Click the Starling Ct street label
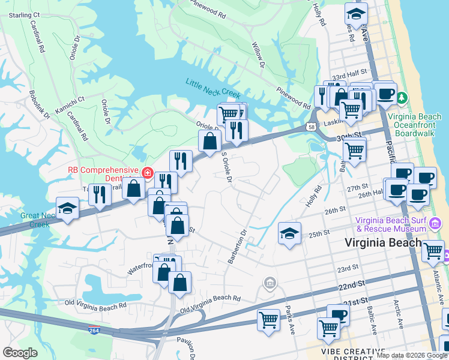click(x=24, y=14)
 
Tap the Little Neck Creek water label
click(x=212, y=89)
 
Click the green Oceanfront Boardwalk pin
click(x=402, y=98)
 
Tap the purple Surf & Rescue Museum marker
click(x=435, y=224)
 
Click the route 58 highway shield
click(x=310, y=127)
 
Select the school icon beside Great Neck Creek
click(x=67, y=208)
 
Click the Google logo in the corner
click(x=20, y=353)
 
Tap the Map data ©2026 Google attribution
click(x=411, y=355)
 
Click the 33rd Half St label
click(x=348, y=77)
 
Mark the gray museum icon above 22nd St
click(x=270, y=282)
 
